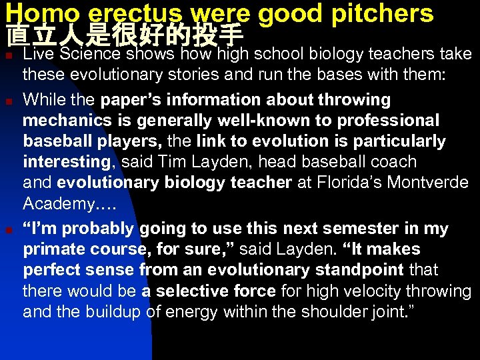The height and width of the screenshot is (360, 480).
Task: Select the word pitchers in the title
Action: [x=383, y=13]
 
